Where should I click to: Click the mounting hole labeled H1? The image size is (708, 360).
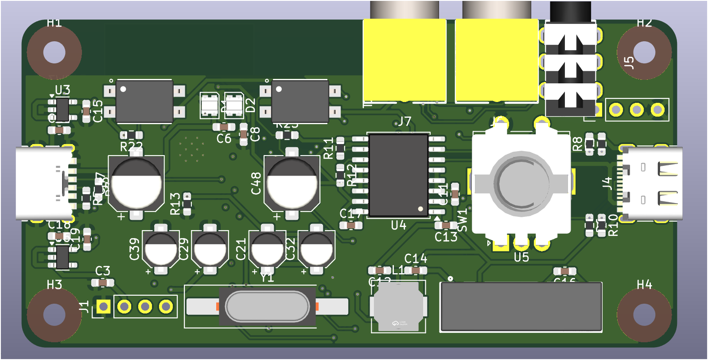pyautogui.click(x=54, y=52)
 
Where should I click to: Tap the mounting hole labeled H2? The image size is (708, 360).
pyautogui.click(x=644, y=52)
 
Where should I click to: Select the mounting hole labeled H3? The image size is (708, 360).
pyautogui.click(x=54, y=314)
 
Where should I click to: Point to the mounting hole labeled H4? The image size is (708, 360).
pyautogui.click(x=644, y=314)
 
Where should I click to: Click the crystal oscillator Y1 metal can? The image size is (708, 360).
pyautogui.click(x=267, y=306)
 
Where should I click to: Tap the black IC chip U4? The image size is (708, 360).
pyautogui.click(x=398, y=176)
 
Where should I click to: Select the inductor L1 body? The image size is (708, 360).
pyautogui.click(x=397, y=306)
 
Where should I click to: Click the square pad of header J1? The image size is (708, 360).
pyautogui.click(x=104, y=306)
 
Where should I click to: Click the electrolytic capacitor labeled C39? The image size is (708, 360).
pyautogui.click(x=161, y=249)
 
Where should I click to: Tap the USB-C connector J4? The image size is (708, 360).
pyautogui.click(x=651, y=184)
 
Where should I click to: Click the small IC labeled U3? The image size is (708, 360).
pyautogui.click(x=62, y=110)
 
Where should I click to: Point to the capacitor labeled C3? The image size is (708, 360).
pyautogui.click(x=103, y=282)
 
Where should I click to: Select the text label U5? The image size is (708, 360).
pyautogui.click(x=521, y=258)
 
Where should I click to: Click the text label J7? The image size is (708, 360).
pyautogui.click(x=404, y=121)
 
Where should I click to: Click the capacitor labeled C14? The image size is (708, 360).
pyautogui.click(x=416, y=270)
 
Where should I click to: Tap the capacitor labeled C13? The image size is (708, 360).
pyautogui.click(x=446, y=226)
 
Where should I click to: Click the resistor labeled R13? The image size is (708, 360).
pyautogui.click(x=187, y=203)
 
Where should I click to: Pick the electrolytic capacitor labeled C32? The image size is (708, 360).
pyautogui.click(x=316, y=249)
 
